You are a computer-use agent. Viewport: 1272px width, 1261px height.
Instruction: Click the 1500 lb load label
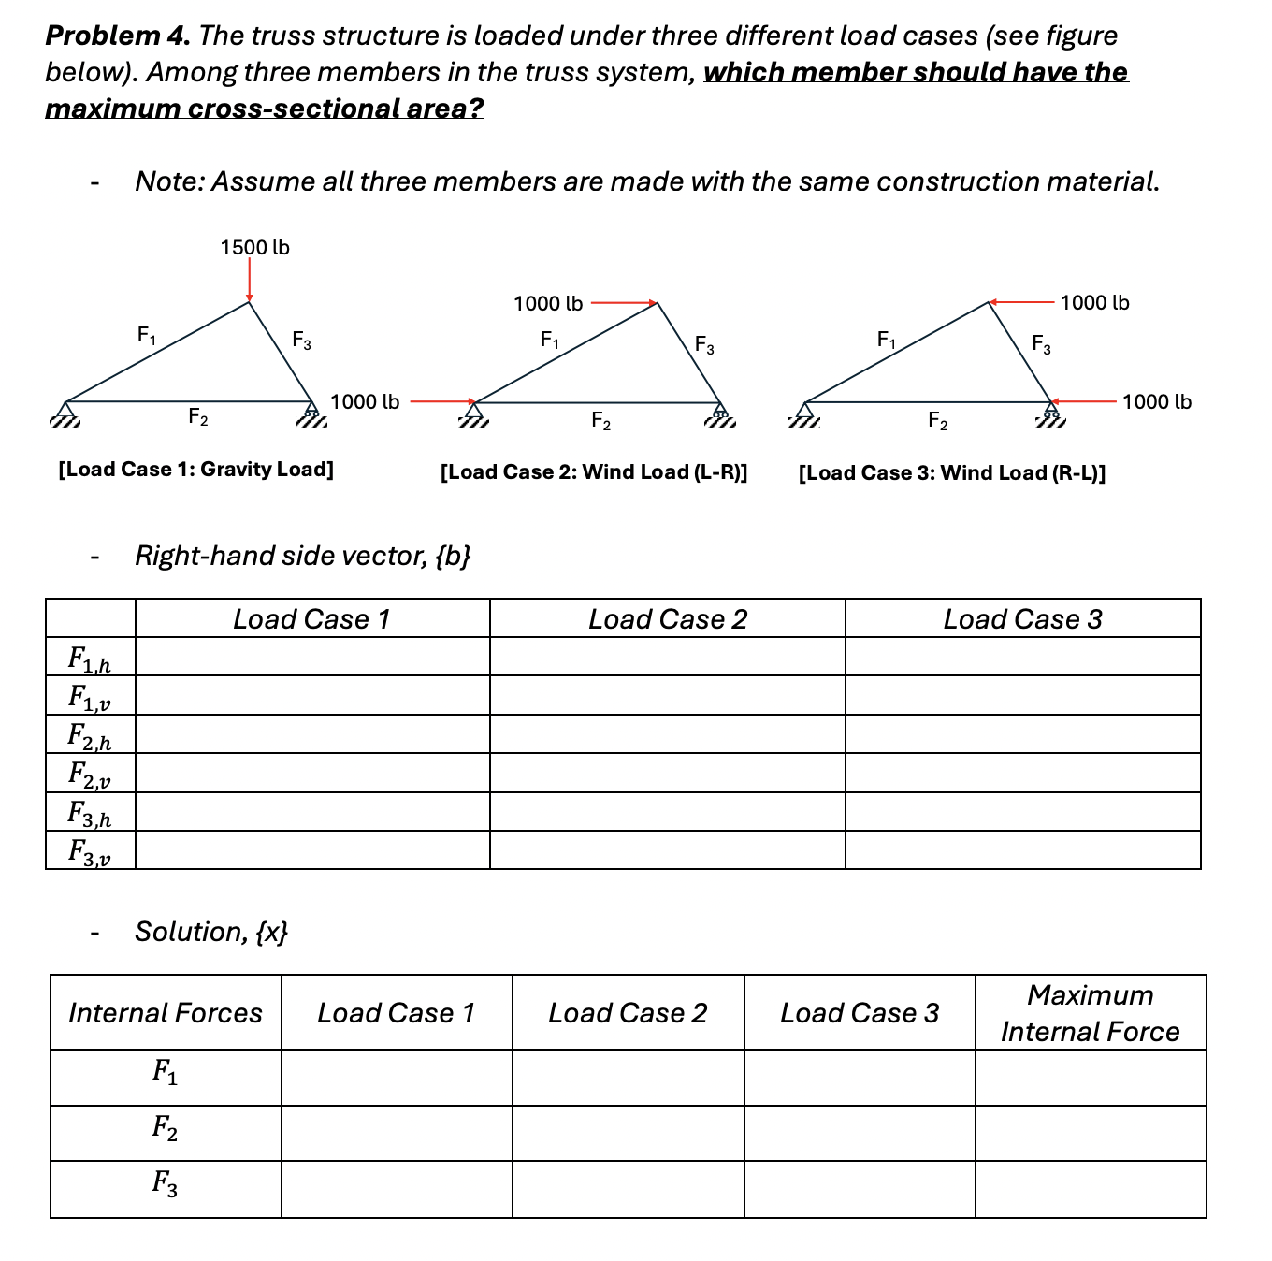(254, 248)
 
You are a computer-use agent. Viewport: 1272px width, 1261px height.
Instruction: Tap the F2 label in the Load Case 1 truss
(198, 416)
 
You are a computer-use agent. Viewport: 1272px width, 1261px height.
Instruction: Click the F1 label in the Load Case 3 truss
(886, 340)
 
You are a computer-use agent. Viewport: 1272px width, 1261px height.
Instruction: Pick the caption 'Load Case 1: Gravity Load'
(195, 469)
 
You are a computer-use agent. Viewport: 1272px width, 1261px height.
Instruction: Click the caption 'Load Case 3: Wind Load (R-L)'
(951, 472)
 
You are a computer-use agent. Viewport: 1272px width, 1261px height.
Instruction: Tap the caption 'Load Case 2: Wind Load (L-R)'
(594, 471)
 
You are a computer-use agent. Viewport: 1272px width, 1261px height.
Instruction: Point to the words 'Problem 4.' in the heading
(118, 36)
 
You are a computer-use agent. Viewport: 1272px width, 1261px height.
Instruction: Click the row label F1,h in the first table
(90, 659)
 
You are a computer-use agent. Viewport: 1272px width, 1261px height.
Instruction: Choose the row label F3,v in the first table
(90, 851)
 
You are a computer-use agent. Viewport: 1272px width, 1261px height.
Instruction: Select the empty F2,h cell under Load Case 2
(667, 735)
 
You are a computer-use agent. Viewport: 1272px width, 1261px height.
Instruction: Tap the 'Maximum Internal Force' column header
(1090, 1012)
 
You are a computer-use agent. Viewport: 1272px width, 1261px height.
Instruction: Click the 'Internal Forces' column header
(166, 1013)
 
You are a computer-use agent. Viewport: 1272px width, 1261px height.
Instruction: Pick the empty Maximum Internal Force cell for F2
(1090, 1134)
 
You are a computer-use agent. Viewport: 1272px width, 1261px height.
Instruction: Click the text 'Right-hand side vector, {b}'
(302, 556)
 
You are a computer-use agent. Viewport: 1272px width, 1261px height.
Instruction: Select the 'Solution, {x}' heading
(211, 932)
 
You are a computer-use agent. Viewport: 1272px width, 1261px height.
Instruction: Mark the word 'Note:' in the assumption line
(170, 181)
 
